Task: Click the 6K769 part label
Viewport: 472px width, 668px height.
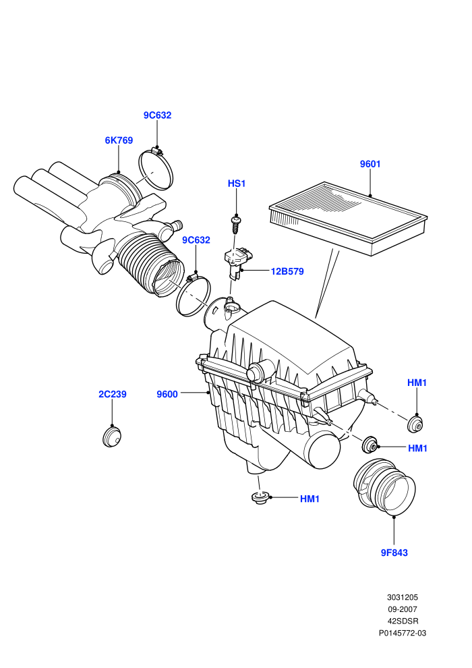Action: click(119, 140)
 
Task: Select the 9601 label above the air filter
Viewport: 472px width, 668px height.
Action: click(370, 164)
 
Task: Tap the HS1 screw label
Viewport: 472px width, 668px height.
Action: click(237, 184)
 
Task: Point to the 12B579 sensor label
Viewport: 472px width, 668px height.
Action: click(287, 271)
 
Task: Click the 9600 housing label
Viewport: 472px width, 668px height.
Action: click(167, 395)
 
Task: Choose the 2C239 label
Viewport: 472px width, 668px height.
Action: click(113, 394)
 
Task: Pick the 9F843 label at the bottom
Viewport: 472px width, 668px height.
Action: click(394, 553)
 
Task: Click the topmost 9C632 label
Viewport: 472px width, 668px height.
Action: click(158, 115)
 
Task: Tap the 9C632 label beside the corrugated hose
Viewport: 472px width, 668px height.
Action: click(196, 240)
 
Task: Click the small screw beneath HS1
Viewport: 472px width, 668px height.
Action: click(235, 224)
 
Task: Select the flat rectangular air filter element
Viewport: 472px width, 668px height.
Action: click(348, 218)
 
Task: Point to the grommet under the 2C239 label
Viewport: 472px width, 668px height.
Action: click(112, 437)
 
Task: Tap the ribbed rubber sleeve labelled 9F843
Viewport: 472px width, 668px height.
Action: click(384, 485)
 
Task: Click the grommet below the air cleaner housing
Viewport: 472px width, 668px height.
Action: click(259, 497)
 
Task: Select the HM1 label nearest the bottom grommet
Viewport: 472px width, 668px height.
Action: click(309, 499)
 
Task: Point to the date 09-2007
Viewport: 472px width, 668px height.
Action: click(402, 609)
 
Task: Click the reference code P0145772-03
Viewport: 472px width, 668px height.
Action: click(402, 633)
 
